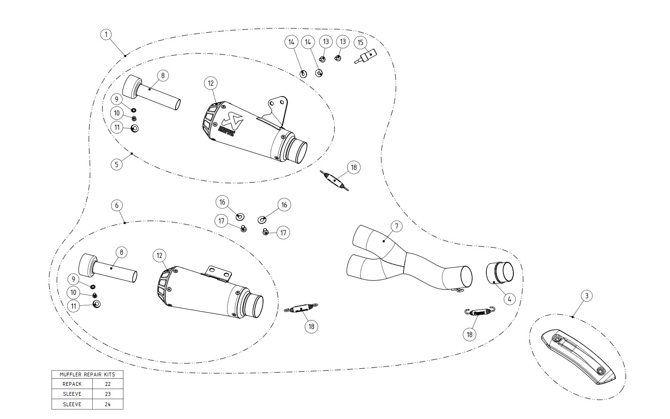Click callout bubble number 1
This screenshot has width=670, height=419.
pos(106,35)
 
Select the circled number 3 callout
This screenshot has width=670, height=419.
pos(586,296)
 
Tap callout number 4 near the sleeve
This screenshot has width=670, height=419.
pos(509,299)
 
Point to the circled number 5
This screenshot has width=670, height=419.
pos(117,164)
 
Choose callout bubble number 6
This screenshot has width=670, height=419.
pos(117,205)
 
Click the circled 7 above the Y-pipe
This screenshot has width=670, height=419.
pos(396,226)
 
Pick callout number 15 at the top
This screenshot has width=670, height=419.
pos(361,43)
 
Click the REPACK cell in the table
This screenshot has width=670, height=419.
pos(72,384)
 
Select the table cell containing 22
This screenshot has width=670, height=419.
pos(108,384)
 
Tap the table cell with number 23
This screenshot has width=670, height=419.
pos(108,394)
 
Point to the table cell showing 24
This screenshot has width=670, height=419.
pos(108,404)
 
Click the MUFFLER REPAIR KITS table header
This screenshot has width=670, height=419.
pos(87,374)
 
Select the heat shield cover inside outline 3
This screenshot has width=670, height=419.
pos(580,355)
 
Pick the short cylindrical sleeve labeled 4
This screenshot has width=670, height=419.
pos(500,273)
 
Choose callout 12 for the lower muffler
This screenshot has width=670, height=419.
pos(159,256)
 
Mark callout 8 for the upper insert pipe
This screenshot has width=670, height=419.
pos(162,75)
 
